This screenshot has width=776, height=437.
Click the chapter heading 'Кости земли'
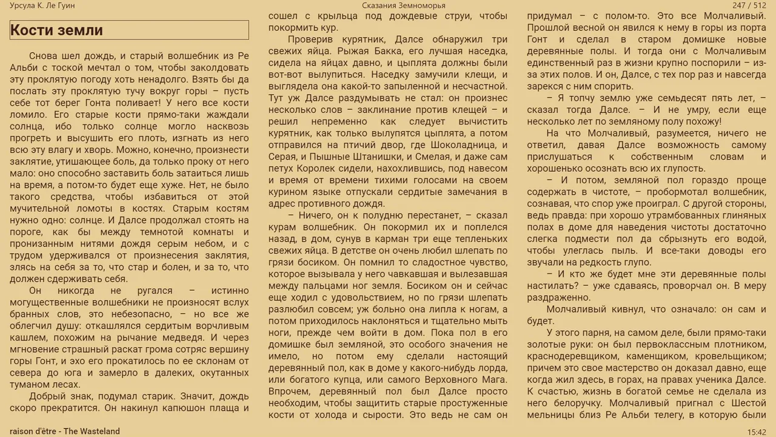[56, 30]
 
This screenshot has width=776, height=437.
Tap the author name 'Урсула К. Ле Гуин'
[42, 5]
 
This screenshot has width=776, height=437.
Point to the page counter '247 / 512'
[749, 5]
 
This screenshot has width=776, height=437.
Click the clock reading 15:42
[757, 432]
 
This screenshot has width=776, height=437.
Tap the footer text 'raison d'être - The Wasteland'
[65, 432]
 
